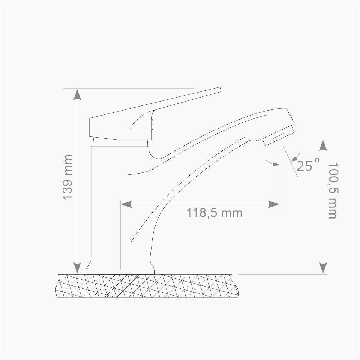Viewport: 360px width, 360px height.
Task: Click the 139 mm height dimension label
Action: pyautogui.click(x=67, y=177)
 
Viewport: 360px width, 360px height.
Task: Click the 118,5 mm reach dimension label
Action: pyautogui.click(x=214, y=213)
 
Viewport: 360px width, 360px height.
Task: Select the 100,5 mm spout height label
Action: pyautogui.click(x=332, y=190)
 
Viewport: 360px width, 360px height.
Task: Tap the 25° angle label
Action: pyautogui.click(x=308, y=165)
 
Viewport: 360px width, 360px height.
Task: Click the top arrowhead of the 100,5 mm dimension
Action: pyautogui.click(x=323, y=145)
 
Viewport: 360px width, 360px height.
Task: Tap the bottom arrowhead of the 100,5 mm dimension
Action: pyautogui.click(x=323, y=268)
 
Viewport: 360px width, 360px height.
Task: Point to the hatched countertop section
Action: pyautogui.click(x=148, y=286)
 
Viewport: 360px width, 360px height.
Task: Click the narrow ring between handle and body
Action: pyautogui.click(x=120, y=143)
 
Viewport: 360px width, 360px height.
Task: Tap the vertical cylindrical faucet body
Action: pyautogui.click(x=108, y=202)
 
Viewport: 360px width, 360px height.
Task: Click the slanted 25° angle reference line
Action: pyautogui.click(x=291, y=162)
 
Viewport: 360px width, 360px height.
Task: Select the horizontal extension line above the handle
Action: pyautogui.click(x=130, y=88)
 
